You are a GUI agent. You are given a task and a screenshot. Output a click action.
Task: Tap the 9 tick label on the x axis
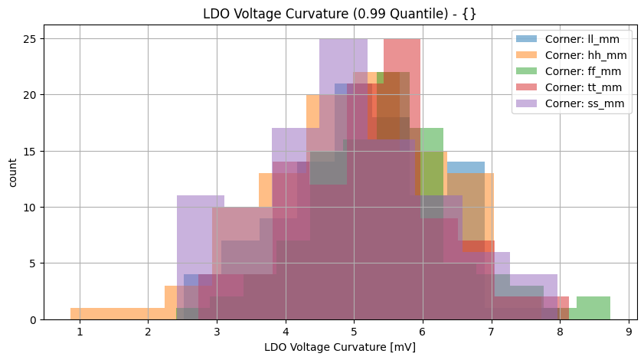click(628, 332)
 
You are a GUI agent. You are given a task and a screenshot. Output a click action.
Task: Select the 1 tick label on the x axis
click(79, 332)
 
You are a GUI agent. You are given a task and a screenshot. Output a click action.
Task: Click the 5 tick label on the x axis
click(354, 332)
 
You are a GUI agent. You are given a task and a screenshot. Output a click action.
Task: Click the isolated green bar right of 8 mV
click(593, 308)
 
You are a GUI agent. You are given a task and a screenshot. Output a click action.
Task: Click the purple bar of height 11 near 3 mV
click(201, 230)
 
